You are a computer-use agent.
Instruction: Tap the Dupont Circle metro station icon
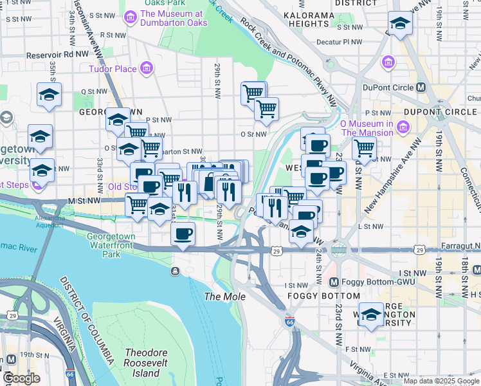point(422,87)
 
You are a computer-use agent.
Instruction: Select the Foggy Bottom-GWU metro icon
point(334,282)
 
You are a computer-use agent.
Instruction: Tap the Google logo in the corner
point(21,378)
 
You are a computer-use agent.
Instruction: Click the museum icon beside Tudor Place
point(147,68)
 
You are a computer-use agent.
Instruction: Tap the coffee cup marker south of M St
point(183,234)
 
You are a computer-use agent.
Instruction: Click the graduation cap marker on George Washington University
point(371,315)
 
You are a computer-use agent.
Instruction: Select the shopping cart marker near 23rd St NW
point(365,148)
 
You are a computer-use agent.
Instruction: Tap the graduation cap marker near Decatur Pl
point(400,25)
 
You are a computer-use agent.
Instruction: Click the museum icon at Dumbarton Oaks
point(131,15)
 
